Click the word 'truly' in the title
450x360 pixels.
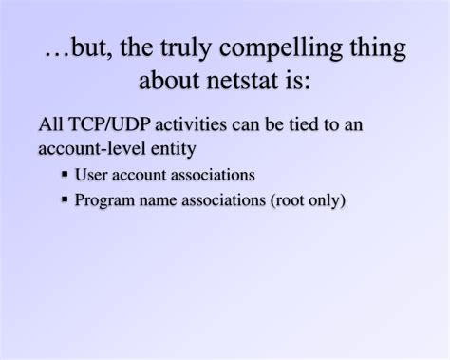(186, 48)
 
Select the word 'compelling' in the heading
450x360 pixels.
(281, 48)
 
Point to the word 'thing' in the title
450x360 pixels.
(378, 48)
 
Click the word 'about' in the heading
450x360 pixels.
(169, 79)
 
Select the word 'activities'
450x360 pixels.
(191, 124)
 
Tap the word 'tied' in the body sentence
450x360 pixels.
(304, 124)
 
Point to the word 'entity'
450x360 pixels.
(173, 149)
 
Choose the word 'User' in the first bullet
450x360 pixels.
(91, 175)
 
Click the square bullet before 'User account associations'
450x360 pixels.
(65, 174)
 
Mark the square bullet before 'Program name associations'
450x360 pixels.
(65, 199)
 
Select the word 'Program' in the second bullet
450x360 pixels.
(104, 200)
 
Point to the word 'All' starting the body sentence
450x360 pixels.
(51, 123)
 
